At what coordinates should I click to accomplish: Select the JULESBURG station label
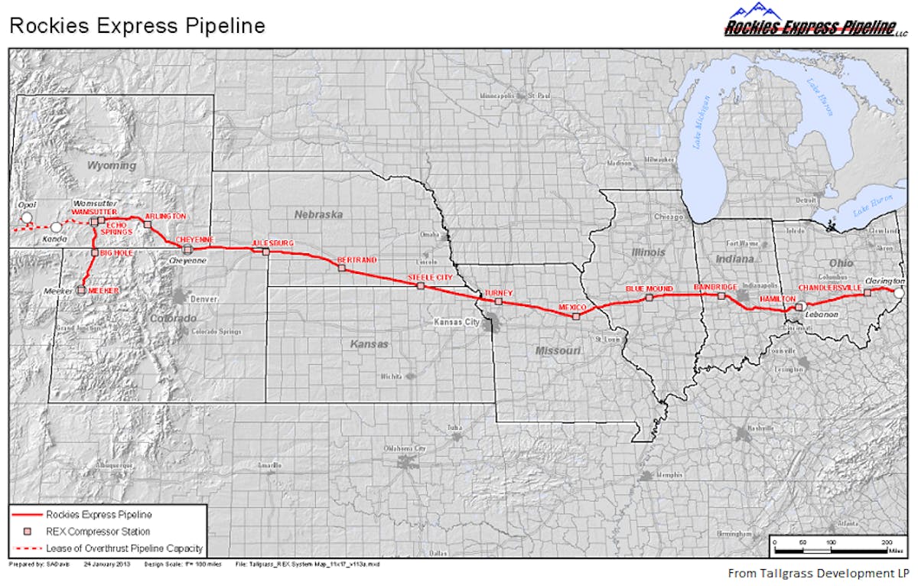pyautogui.click(x=273, y=244)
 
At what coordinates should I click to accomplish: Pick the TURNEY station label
pyautogui.click(x=498, y=293)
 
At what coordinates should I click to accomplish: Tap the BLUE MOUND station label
pyautogui.click(x=649, y=288)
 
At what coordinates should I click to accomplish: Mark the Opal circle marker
pyautogui.click(x=27, y=218)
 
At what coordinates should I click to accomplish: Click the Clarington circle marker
pyautogui.click(x=900, y=292)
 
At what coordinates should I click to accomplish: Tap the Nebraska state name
pyautogui.click(x=318, y=214)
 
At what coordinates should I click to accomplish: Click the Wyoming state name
pyautogui.click(x=111, y=165)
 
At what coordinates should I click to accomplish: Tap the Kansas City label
pyautogui.click(x=454, y=322)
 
